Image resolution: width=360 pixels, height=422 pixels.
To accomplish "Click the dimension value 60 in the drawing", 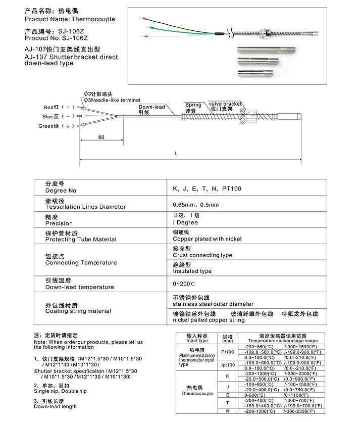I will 101,137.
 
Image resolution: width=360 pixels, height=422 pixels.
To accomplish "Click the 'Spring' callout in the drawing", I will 193,105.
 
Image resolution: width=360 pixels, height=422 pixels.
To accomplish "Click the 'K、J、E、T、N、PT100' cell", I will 207,189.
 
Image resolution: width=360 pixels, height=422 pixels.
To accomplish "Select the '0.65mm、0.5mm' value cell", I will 196,205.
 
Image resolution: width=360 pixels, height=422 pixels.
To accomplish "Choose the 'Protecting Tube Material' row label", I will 81,240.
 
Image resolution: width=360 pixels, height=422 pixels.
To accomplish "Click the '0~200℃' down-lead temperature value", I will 184,284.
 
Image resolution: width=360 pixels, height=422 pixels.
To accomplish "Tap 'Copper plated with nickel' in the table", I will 207,239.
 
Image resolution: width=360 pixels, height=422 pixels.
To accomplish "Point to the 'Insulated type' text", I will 192,271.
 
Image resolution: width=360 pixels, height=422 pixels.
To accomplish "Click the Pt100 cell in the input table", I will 228,352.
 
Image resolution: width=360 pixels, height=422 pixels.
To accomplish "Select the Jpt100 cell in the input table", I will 228,365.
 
